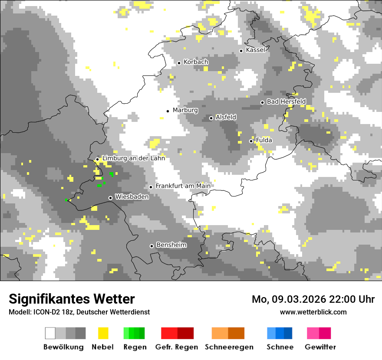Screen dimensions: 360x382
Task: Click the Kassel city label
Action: pos(255,50)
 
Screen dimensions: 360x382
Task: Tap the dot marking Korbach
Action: pos(179,63)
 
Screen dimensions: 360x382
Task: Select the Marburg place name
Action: pos(185,110)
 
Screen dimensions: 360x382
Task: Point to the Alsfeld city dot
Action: pos(211,118)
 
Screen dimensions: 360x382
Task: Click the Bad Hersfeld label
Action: pos(286,101)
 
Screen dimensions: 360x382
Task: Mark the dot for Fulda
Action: pos(251,141)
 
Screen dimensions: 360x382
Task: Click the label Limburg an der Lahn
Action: pos(133,158)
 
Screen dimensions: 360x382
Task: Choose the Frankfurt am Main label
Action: pos(183,186)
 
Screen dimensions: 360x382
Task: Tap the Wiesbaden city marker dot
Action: pos(111,198)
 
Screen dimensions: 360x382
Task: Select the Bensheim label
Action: pos(171,245)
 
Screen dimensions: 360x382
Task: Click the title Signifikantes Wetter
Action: pos(72,299)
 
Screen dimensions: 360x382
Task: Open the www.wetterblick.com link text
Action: pos(313,312)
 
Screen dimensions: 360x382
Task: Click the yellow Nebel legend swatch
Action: pos(103,333)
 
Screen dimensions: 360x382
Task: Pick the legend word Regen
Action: pos(134,347)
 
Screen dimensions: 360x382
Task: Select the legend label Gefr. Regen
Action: pos(177,347)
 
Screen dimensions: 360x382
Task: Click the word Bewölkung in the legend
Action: pos(63,347)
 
